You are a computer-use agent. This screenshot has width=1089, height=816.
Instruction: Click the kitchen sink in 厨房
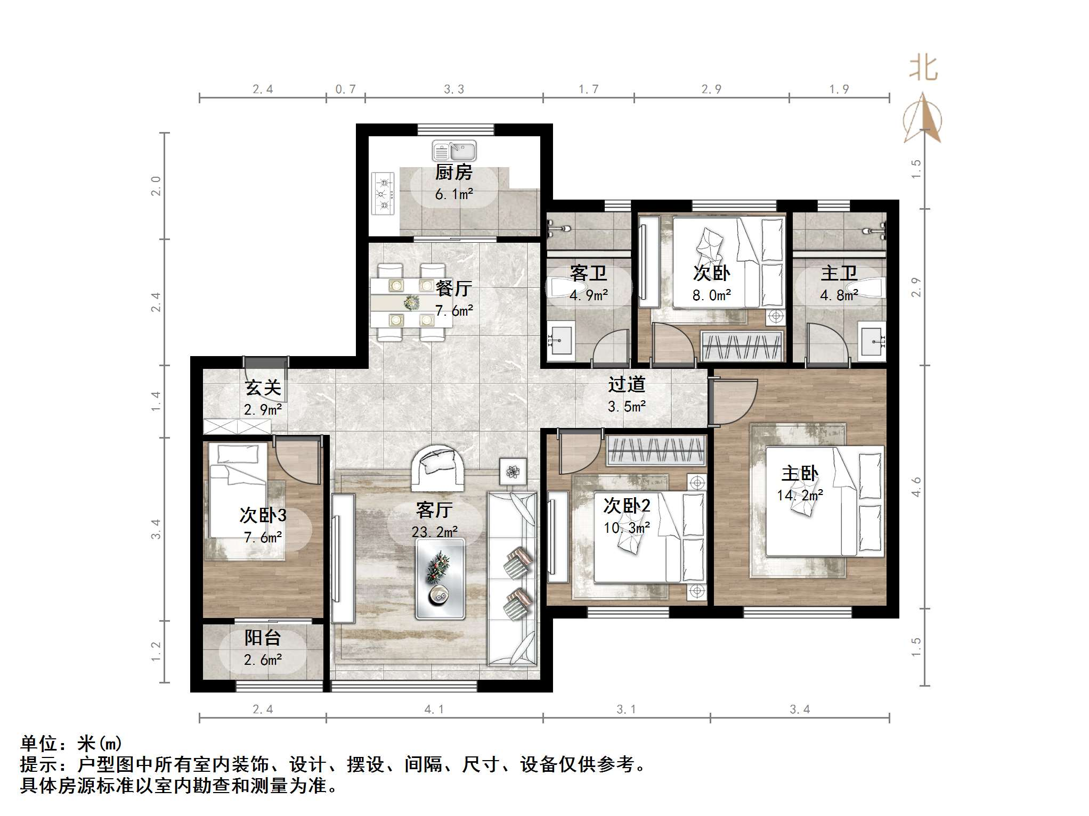coord(454,151)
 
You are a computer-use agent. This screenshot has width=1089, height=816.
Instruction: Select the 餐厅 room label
coord(454,289)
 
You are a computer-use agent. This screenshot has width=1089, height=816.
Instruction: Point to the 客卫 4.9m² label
coord(589,284)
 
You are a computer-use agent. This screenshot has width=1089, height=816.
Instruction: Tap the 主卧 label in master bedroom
coord(800,473)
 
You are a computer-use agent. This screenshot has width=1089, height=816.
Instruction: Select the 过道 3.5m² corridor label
coord(627,395)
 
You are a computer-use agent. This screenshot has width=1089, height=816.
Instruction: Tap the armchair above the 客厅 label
coord(437,467)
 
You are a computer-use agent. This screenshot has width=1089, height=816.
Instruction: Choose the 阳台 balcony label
coord(263,638)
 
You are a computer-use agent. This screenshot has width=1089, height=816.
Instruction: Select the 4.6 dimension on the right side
coord(916,487)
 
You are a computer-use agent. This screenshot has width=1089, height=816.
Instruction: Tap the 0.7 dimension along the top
coord(345,89)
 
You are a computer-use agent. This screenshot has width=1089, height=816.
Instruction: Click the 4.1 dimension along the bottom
coord(434,710)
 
